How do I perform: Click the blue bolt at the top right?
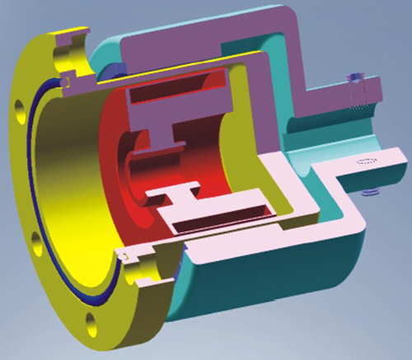click(356, 82)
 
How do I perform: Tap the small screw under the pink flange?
click(368, 192)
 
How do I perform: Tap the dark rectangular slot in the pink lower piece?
click(216, 220)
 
